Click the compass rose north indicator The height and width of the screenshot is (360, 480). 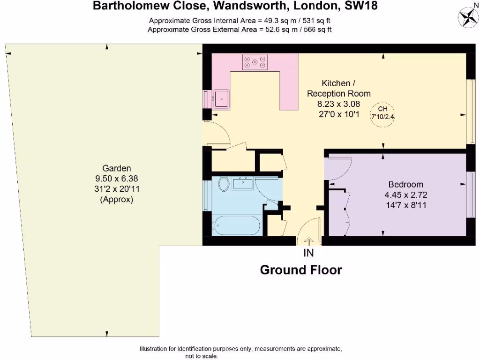pyautogui.click(x=467, y=16)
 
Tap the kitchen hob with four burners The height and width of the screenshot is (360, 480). pyautogui.click(x=255, y=62)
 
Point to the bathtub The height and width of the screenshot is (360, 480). pyautogui.click(x=237, y=225)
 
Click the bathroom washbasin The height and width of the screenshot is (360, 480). pyautogui.click(x=243, y=182)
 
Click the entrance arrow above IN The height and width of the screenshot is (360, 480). pyautogui.click(x=309, y=241)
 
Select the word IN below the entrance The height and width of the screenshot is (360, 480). pyautogui.click(x=308, y=253)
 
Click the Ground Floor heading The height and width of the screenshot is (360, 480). pyautogui.click(x=300, y=270)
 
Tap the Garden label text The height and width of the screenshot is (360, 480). pyautogui.click(x=117, y=168)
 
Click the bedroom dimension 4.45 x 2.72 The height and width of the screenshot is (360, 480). pyautogui.click(x=405, y=195)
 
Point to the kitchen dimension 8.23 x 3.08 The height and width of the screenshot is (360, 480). pyautogui.click(x=339, y=104)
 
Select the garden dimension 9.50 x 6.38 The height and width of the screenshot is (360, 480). pyautogui.click(x=117, y=179)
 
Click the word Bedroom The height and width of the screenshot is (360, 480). pyautogui.click(x=405, y=184)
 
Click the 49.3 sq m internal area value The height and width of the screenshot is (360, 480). pyautogui.click(x=272, y=21)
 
